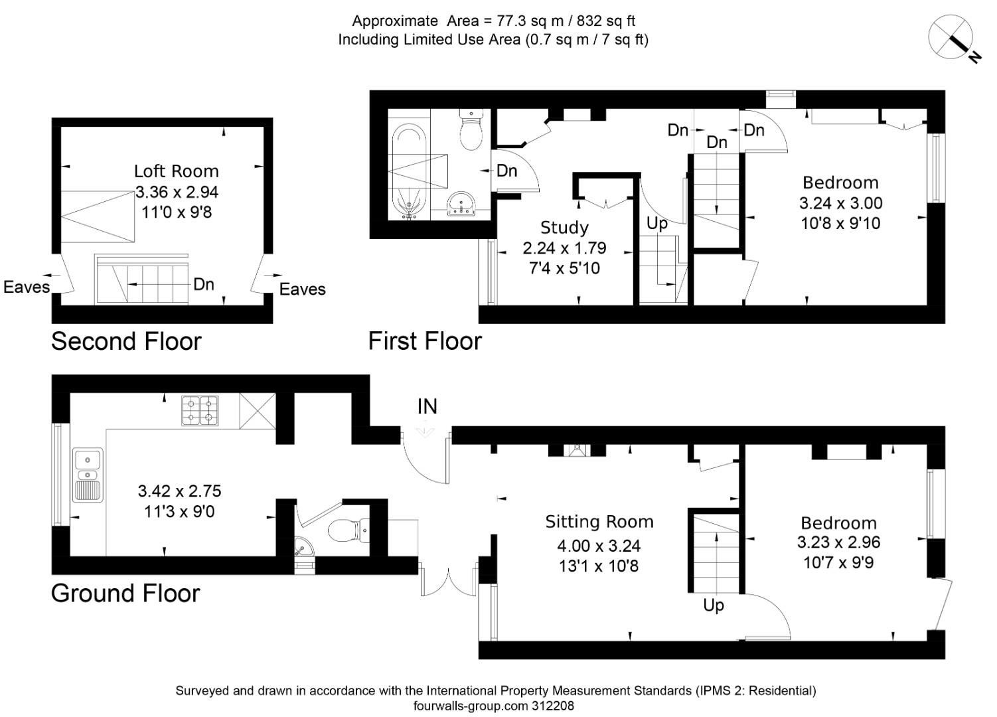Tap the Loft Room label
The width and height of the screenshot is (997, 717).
click(177, 171)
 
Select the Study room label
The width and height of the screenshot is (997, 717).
click(564, 228)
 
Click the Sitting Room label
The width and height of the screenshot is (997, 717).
click(599, 522)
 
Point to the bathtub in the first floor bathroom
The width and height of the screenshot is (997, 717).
click(409, 171)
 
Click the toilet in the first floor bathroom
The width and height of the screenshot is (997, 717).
click(471, 129)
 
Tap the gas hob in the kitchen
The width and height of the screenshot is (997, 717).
click(200, 411)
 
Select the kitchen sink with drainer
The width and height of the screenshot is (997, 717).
click(88, 475)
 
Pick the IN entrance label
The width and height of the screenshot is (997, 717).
click(427, 406)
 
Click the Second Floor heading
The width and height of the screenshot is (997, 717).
click(126, 341)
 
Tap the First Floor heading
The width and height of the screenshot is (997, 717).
click(425, 341)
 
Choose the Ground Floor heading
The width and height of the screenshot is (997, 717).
click(125, 594)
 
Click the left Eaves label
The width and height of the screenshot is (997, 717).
click(27, 287)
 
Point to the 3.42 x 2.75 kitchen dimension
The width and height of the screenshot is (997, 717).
click(179, 491)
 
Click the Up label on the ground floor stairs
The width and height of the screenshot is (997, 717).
click(714, 605)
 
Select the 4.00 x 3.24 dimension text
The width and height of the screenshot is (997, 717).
click(599, 546)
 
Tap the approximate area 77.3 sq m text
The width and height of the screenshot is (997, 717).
click(494, 21)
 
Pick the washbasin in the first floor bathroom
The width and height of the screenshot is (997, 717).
click(461, 204)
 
